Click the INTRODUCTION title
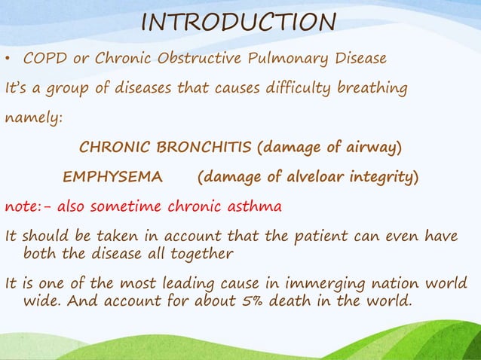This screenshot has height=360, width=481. pos(239,22)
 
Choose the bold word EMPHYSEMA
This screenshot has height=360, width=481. pos(112,178)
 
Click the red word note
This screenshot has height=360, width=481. pos(21,206)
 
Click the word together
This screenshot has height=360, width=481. pos(200,254)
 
